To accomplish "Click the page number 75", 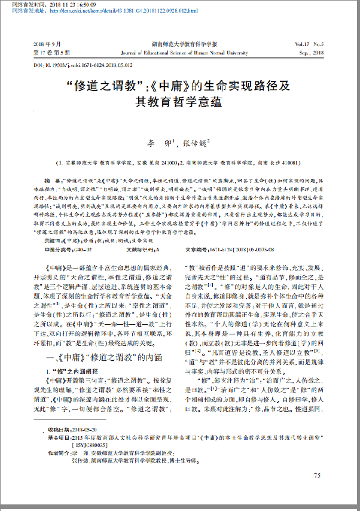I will tap(317, 475).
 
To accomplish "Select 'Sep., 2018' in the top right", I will tap(310, 52).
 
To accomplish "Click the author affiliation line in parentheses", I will tap(180, 163).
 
